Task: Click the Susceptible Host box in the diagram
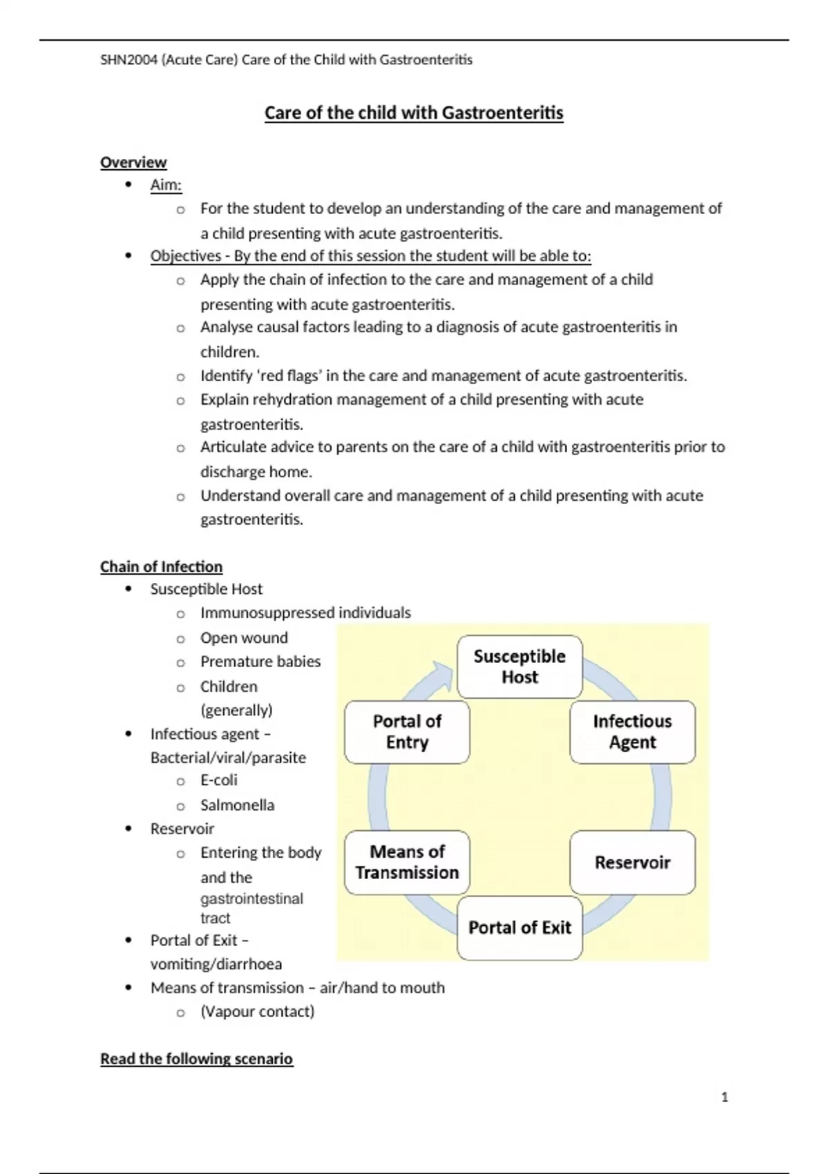(520, 666)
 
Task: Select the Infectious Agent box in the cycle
(632, 732)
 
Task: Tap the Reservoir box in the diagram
(632, 863)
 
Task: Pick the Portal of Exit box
(520, 927)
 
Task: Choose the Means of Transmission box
(407, 863)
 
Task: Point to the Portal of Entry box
(407, 732)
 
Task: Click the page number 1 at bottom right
(724, 1097)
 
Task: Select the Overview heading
(133, 162)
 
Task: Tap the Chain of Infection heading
(161, 567)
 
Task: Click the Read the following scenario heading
(196, 1059)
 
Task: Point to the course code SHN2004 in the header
(128, 60)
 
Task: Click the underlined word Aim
(165, 185)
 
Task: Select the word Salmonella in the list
(237, 805)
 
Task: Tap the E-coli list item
(218, 780)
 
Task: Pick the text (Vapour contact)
(257, 1012)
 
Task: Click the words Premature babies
(260, 662)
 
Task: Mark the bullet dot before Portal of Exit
(128, 941)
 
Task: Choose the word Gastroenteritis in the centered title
(502, 113)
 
